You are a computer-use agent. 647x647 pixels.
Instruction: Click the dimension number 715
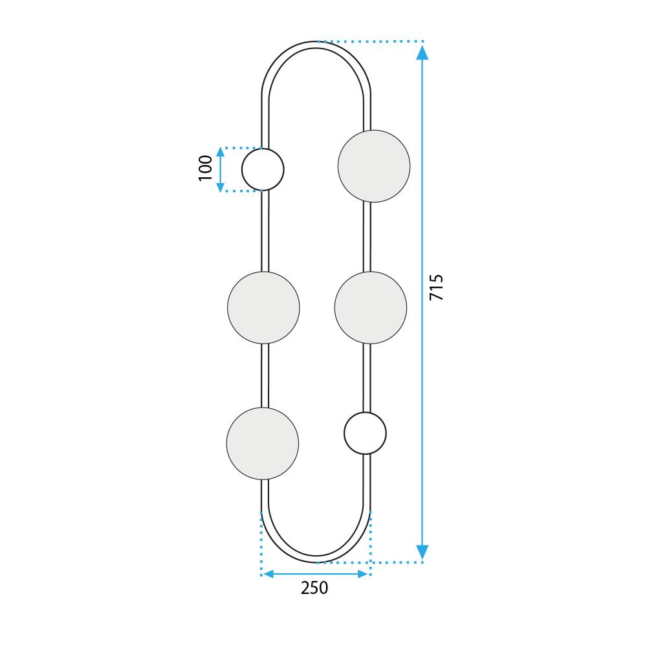(437, 287)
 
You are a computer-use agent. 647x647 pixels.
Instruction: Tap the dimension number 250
(314, 589)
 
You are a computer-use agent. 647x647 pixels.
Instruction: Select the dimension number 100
(206, 168)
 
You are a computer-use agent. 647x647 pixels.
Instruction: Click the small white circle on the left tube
(263, 170)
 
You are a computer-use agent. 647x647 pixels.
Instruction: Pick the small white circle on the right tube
(365, 433)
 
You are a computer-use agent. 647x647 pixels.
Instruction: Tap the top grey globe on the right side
(374, 166)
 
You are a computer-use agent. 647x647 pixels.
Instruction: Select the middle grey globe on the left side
(263, 307)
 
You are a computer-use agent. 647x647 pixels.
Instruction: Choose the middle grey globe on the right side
(371, 307)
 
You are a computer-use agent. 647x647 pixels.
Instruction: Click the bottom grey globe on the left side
(263, 443)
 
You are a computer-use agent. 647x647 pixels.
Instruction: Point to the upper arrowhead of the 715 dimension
(422, 52)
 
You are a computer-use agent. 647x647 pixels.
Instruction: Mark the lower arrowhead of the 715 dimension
(422, 552)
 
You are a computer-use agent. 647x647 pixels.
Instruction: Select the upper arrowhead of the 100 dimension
(221, 153)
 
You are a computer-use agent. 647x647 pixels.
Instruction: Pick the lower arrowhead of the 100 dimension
(221, 186)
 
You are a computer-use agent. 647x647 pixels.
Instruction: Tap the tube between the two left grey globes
(264, 375)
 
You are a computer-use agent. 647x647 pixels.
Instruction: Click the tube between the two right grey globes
(367, 237)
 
